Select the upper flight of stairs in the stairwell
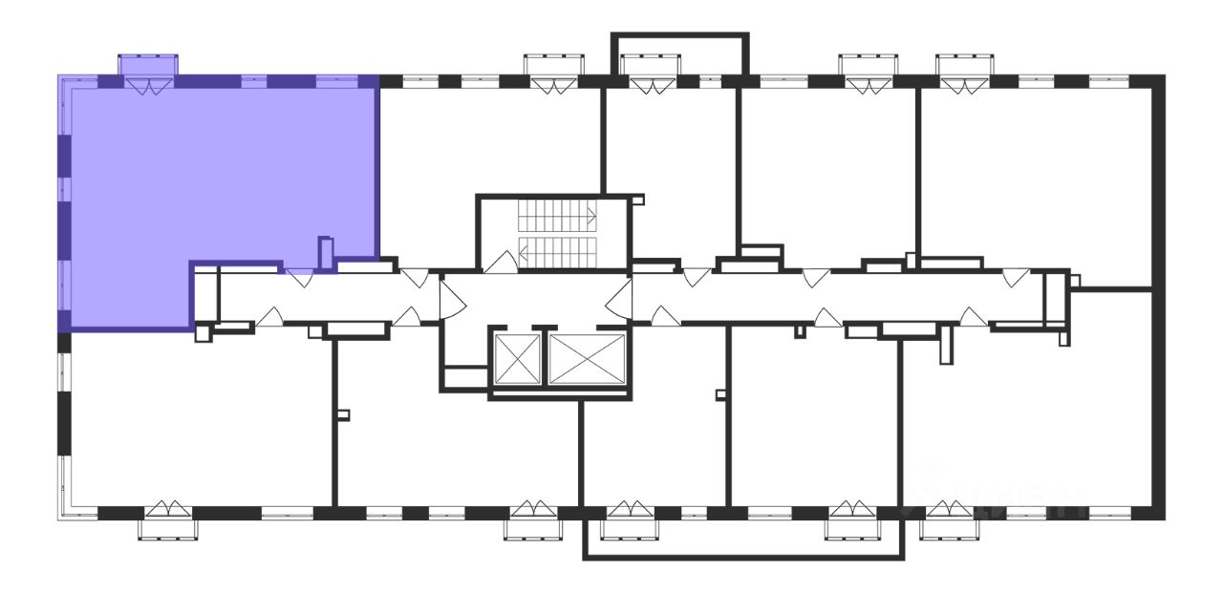tap(557, 217)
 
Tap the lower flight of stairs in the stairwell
tap(557, 252)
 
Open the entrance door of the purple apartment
tap(299, 278)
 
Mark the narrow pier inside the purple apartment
tap(325, 253)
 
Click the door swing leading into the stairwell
tap(500, 264)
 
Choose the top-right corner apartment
tap(1037, 172)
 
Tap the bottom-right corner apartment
tap(1032, 420)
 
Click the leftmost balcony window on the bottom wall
tap(169, 520)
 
